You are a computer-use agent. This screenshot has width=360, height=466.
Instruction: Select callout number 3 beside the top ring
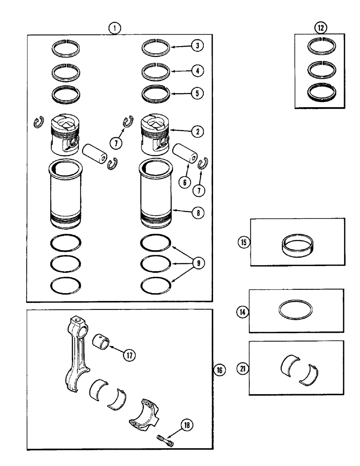tap(197, 46)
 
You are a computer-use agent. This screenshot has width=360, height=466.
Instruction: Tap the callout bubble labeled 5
tap(197, 92)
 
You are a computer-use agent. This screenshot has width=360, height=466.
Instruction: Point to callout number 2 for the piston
tap(197, 132)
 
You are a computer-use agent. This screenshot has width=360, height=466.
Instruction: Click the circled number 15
tap(243, 242)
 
